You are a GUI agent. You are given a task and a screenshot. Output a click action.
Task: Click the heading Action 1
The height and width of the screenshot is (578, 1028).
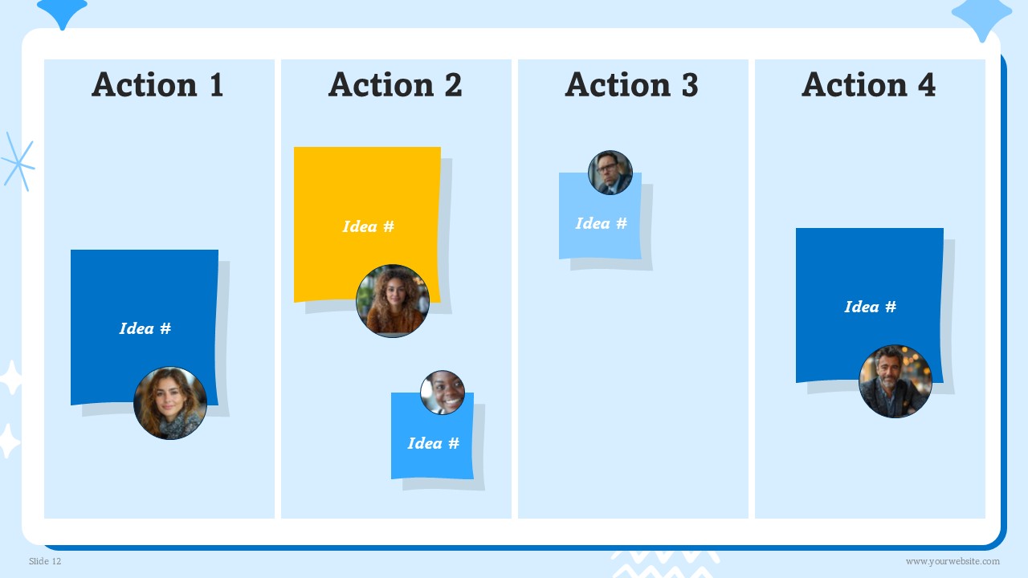pyautogui.click(x=157, y=84)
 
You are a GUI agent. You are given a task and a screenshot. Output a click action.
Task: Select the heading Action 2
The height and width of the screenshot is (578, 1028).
pyautogui.click(x=395, y=84)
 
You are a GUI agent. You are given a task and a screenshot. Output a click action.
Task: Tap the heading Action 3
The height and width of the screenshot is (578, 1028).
pyautogui.click(x=631, y=84)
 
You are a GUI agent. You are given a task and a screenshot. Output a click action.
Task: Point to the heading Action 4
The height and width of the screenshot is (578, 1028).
pyautogui.click(x=868, y=84)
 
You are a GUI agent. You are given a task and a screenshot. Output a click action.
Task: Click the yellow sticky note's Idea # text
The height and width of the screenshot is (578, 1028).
pyautogui.click(x=369, y=226)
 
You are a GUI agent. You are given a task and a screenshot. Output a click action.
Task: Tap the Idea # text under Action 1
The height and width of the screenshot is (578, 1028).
pyautogui.click(x=145, y=328)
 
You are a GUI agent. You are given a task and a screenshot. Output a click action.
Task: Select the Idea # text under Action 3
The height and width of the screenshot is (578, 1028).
pyautogui.click(x=602, y=223)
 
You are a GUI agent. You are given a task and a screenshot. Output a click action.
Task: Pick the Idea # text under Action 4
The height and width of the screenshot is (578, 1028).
pyautogui.click(x=870, y=307)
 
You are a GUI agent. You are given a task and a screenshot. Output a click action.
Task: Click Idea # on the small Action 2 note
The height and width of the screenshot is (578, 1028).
pyautogui.click(x=433, y=443)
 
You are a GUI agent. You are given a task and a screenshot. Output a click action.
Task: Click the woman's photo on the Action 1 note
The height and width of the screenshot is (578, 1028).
pyautogui.click(x=170, y=403)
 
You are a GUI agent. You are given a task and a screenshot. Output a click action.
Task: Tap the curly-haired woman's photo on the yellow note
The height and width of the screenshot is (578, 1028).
pyautogui.click(x=393, y=301)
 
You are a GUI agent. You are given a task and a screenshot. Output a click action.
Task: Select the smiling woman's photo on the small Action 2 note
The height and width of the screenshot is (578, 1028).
pyautogui.click(x=443, y=393)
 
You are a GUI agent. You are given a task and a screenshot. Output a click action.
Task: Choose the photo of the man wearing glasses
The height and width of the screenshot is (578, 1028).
pyautogui.click(x=610, y=173)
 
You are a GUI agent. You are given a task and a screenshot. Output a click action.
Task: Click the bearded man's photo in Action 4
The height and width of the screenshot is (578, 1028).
pyautogui.click(x=895, y=381)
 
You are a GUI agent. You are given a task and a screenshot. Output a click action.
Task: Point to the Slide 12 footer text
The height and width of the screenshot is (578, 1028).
pyautogui.click(x=45, y=561)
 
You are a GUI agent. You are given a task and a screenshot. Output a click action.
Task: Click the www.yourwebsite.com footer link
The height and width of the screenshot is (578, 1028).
pyautogui.click(x=953, y=561)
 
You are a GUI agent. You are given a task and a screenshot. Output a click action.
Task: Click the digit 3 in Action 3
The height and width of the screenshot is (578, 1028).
pyautogui.click(x=690, y=85)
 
